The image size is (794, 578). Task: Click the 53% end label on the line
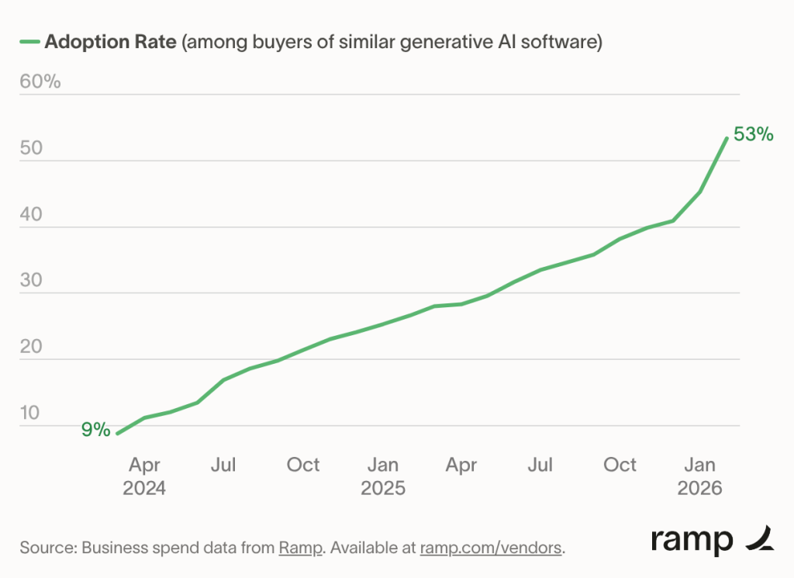pos(753,134)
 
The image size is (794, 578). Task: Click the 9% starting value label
pos(96,429)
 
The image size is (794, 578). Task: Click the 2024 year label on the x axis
pos(144,489)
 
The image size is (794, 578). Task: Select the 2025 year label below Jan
pos(383,489)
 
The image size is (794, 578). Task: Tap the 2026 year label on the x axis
pos(700,489)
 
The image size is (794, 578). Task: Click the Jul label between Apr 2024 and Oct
pos(223,465)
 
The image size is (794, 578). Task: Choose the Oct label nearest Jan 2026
pos(620,465)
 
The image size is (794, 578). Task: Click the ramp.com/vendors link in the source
pos(491,548)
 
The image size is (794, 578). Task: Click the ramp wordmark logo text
pos(692,540)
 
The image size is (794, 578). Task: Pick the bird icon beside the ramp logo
pos(759,538)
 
